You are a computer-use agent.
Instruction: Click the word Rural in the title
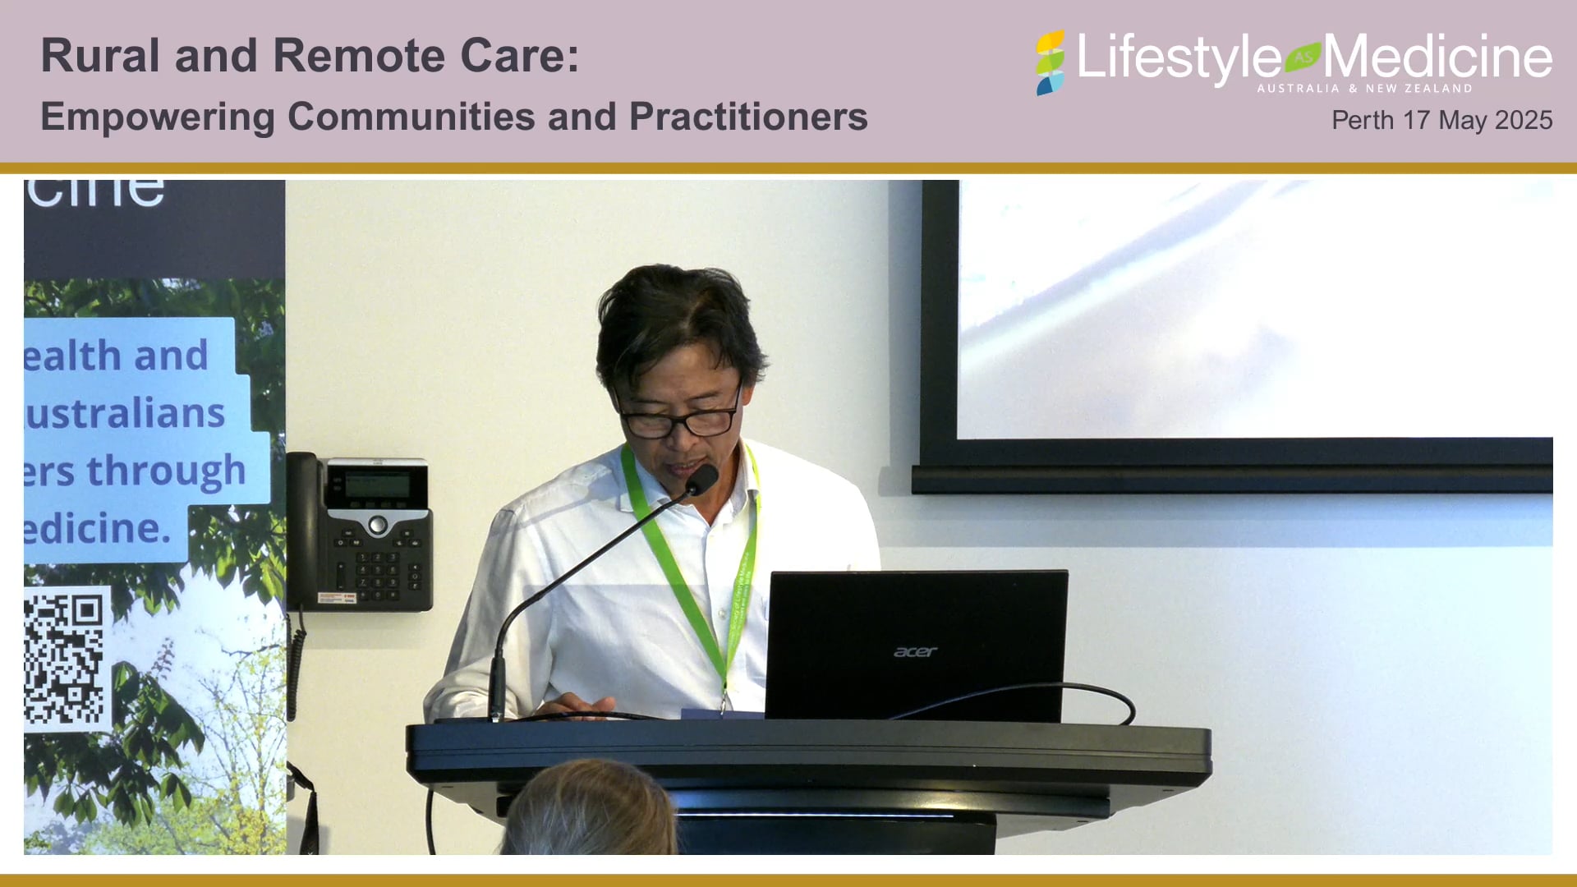(x=100, y=56)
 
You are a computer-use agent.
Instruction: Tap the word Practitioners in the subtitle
(x=748, y=117)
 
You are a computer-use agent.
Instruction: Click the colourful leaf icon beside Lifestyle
(x=1050, y=62)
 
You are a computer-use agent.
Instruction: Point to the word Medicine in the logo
(x=1437, y=57)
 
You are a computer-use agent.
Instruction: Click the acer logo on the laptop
(x=915, y=651)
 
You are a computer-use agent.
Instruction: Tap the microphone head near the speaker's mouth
(x=702, y=479)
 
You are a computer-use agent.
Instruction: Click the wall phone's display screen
(x=377, y=485)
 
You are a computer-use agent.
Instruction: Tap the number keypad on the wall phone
(x=377, y=568)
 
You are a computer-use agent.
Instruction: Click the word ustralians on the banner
(x=125, y=412)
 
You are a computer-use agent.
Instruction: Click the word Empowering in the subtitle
(x=157, y=117)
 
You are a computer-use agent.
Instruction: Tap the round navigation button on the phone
(x=377, y=524)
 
